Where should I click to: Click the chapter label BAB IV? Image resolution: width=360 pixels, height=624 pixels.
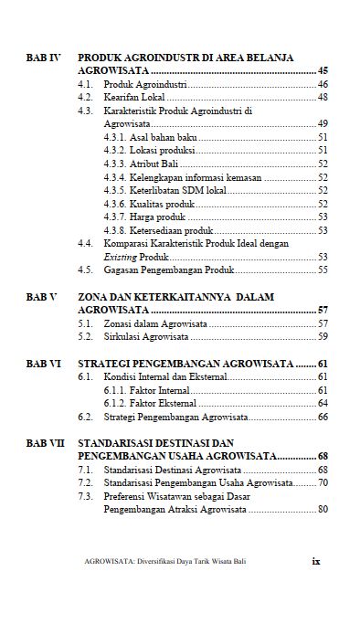43,57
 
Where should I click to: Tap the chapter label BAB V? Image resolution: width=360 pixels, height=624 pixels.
41,298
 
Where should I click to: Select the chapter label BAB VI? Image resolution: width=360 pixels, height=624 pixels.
43,364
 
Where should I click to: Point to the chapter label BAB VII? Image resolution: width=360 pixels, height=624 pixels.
45,443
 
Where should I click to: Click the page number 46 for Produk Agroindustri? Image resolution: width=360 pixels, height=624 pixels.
323,83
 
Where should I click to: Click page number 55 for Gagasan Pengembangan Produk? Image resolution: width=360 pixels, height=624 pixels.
323,270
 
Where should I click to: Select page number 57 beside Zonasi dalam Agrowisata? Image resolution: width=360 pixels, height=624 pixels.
323,323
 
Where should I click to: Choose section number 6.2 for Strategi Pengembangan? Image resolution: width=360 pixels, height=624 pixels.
85,417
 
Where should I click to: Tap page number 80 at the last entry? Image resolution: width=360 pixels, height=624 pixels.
323,509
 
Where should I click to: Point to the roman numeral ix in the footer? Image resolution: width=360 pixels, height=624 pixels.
315,564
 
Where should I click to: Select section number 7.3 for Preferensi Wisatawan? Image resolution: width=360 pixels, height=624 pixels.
85,496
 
